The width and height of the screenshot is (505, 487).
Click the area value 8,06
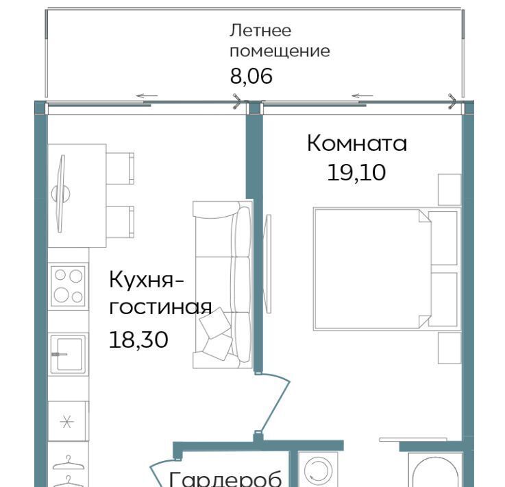click(x=251, y=76)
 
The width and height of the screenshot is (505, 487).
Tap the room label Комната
click(x=357, y=143)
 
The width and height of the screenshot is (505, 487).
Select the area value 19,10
click(x=356, y=172)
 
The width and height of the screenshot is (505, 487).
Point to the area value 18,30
click(x=138, y=340)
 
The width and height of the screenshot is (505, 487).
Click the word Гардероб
click(x=225, y=479)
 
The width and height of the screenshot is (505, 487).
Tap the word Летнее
click(x=260, y=31)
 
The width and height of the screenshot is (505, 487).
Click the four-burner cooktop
click(x=69, y=286)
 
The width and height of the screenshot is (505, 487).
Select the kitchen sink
click(x=68, y=354)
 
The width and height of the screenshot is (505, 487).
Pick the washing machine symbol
click(x=318, y=469)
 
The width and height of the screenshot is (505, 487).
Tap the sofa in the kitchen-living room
click(x=223, y=285)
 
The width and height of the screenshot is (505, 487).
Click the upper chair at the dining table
click(x=120, y=169)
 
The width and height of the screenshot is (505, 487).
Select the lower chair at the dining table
click(x=120, y=222)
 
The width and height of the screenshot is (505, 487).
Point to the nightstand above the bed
click(x=449, y=189)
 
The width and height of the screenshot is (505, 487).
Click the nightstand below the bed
click(x=449, y=348)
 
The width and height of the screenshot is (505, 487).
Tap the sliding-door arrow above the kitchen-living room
click(x=147, y=96)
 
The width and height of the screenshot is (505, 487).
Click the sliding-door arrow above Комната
click(x=362, y=96)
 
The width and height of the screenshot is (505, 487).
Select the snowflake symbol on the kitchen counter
click(x=67, y=421)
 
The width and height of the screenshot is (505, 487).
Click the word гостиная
click(x=160, y=307)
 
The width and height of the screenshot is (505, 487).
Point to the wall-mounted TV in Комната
click(x=267, y=263)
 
